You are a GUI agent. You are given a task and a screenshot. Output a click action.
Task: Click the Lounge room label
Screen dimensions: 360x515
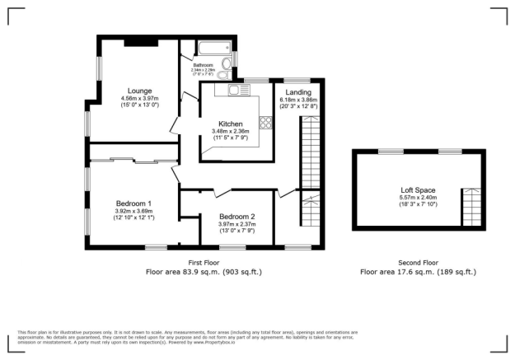138,91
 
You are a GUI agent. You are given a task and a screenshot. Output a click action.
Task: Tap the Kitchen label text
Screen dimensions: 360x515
230,124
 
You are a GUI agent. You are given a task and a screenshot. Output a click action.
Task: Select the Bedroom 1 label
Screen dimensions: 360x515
133,203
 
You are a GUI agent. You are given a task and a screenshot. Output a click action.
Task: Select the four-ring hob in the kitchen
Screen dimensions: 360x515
267,124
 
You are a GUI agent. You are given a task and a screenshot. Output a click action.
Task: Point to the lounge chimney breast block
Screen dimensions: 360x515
138,41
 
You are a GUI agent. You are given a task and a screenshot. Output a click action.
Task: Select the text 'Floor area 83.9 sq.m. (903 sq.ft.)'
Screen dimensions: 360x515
205,272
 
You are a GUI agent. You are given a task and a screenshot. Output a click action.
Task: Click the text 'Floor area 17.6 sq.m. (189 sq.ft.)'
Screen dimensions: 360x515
418,272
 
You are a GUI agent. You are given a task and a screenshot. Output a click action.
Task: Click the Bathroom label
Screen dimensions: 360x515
203,65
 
